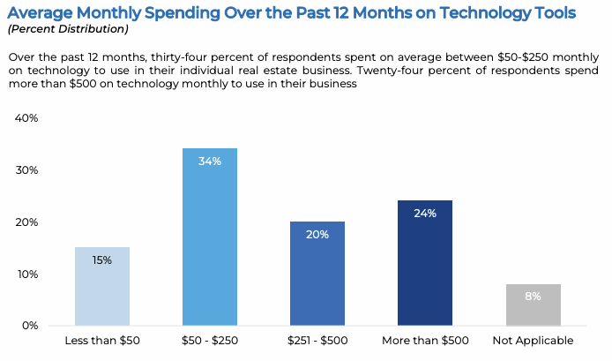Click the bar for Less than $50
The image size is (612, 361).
pyautogui.click(x=102, y=287)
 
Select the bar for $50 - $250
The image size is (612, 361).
pyautogui.click(x=210, y=238)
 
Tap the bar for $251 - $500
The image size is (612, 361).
pyautogui.click(x=317, y=274)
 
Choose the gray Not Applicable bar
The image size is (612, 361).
pyautogui.click(x=533, y=305)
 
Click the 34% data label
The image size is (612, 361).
pyautogui.click(x=210, y=162)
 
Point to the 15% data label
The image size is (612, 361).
pyautogui.click(x=102, y=260)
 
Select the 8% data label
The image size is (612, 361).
pyautogui.click(x=533, y=297)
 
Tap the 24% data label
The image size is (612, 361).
pyautogui.click(x=425, y=214)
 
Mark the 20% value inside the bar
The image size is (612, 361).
pyautogui.click(x=317, y=235)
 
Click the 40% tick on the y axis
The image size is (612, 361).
pyautogui.click(x=26, y=118)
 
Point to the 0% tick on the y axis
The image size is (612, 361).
pyautogui.click(x=29, y=326)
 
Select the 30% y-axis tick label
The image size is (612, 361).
pyautogui.click(x=26, y=170)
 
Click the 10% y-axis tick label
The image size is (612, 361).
pyautogui.click(x=26, y=275)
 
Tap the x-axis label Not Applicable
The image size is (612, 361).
pyautogui.click(x=533, y=341)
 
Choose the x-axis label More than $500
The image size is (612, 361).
pyautogui.click(x=425, y=341)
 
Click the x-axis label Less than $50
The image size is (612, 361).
pyautogui.click(x=102, y=341)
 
